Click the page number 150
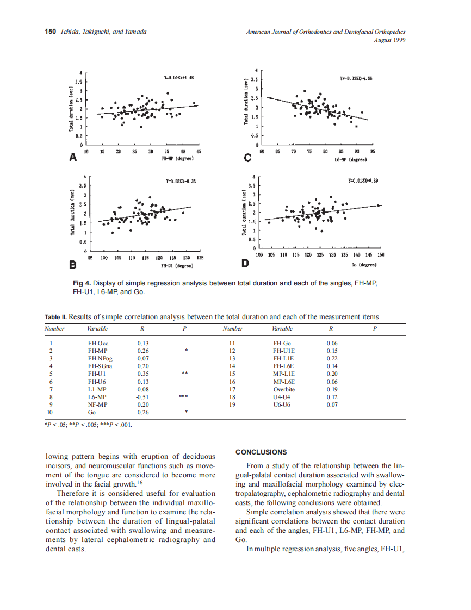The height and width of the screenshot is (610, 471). click(50, 32)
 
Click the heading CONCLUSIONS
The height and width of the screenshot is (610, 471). click(261, 452)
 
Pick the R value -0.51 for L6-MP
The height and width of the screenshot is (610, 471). click(142, 397)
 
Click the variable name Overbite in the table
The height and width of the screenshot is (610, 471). click(284, 389)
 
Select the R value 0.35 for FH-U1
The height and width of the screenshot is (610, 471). click(143, 374)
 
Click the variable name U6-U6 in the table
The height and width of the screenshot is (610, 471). click(282, 404)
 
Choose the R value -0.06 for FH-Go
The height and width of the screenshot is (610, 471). click(331, 344)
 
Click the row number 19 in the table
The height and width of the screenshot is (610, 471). click(232, 404)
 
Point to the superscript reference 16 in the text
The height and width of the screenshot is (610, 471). click(140, 482)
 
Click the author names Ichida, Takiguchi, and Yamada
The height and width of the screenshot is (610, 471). click(104, 32)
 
